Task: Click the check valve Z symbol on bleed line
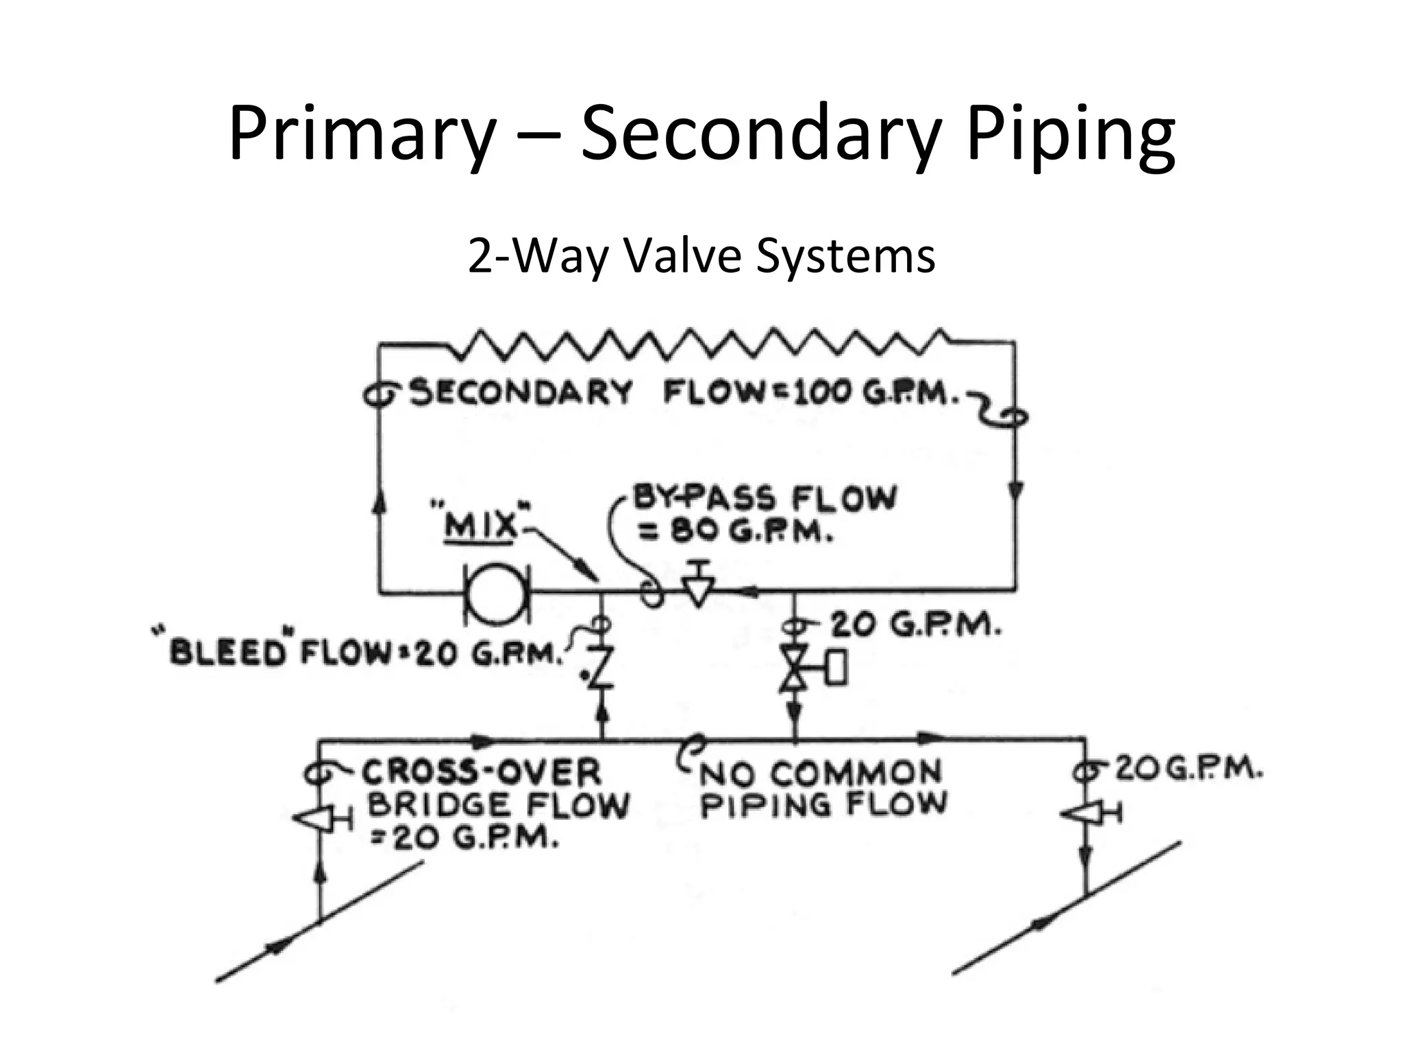point(601,666)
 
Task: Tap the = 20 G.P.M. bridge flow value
point(464,838)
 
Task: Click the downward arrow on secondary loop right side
point(1015,491)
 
